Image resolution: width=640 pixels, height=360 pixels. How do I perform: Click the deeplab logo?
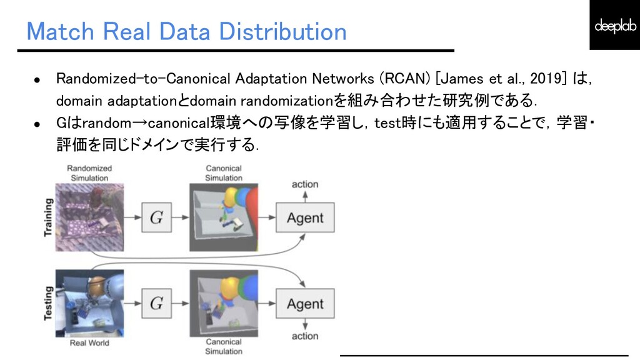(x=614, y=25)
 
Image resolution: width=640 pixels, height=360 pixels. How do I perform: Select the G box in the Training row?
(x=156, y=218)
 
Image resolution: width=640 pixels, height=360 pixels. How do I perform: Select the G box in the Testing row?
(x=156, y=304)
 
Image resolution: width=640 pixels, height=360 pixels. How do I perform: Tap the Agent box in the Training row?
(x=305, y=218)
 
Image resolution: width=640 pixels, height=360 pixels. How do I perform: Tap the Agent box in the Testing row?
(x=305, y=304)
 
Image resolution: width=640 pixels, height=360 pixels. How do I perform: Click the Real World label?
(x=89, y=342)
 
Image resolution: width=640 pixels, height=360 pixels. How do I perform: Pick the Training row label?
(x=48, y=217)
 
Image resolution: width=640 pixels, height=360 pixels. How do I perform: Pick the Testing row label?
(x=48, y=304)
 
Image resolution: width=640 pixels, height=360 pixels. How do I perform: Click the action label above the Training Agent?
(x=304, y=184)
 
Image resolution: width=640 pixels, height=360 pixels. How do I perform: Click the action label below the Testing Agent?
(x=304, y=336)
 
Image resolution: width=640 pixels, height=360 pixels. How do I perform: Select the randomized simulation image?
(x=89, y=217)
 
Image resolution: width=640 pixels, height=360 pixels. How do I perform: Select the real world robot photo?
(x=89, y=303)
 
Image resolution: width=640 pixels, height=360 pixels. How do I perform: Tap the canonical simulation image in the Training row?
(x=223, y=218)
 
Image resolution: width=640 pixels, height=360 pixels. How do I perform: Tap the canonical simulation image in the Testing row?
(x=223, y=304)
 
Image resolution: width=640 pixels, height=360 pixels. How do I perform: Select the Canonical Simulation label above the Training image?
(x=223, y=173)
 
